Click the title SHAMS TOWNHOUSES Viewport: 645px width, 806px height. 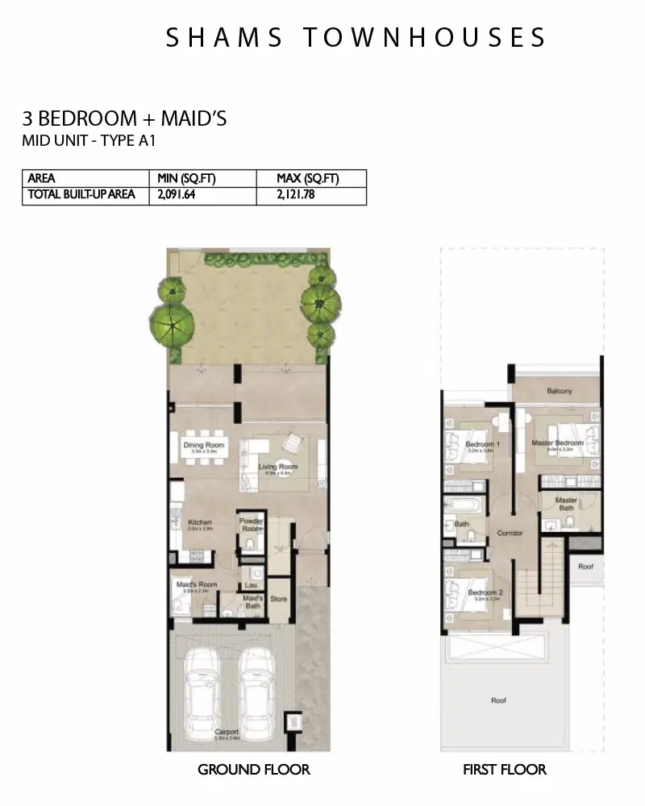click(x=356, y=37)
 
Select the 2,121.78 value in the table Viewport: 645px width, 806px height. click(x=296, y=194)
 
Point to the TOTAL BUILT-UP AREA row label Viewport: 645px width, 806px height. click(x=81, y=194)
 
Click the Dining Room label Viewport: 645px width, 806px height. click(x=204, y=445)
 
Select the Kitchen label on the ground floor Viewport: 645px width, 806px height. click(x=200, y=522)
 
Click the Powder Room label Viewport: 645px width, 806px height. click(x=252, y=525)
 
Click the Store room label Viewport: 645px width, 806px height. click(x=279, y=599)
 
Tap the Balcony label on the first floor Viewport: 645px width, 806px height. click(x=559, y=391)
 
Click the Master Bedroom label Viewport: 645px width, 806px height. click(x=557, y=443)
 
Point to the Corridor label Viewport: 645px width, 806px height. click(x=510, y=533)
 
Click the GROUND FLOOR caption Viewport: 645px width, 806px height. click(x=254, y=770)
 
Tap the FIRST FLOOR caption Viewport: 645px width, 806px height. click(x=505, y=770)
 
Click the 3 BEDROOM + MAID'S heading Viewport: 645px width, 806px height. click(x=124, y=119)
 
